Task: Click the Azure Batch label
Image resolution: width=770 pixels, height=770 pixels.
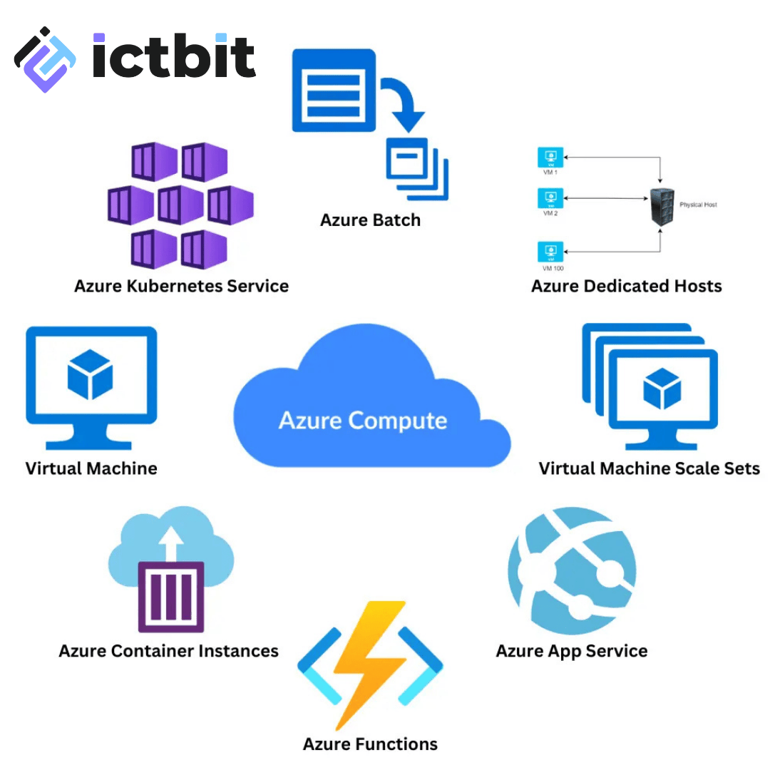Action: (x=370, y=220)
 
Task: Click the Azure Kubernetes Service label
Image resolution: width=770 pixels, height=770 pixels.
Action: (x=181, y=286)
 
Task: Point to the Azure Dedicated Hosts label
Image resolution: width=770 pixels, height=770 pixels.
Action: (x=626, y=286)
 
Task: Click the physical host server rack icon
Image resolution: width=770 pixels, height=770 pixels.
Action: (x=660, y=205)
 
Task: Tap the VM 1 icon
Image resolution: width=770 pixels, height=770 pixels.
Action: (x=550, y=158)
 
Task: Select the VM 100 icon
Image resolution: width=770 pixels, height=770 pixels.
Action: (x=550, y=252)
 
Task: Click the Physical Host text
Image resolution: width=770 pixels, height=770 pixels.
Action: (x=698, y=205)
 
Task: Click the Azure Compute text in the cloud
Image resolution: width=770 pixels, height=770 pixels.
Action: (x=362, y=420)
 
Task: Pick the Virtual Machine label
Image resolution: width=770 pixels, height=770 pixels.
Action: (x=91, y=468)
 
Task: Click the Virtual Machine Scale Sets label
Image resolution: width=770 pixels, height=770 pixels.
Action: (x=649, y=468)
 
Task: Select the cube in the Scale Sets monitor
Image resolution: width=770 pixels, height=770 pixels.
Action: (x=662, y=389)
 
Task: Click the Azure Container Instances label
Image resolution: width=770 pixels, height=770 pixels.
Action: (x=168, y=650)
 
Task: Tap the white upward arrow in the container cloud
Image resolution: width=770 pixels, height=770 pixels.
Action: (x=171, y=543)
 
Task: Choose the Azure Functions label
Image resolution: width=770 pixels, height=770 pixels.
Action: (x=370, y=744)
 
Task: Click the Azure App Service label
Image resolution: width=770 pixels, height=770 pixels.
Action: (x=571, y=650)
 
